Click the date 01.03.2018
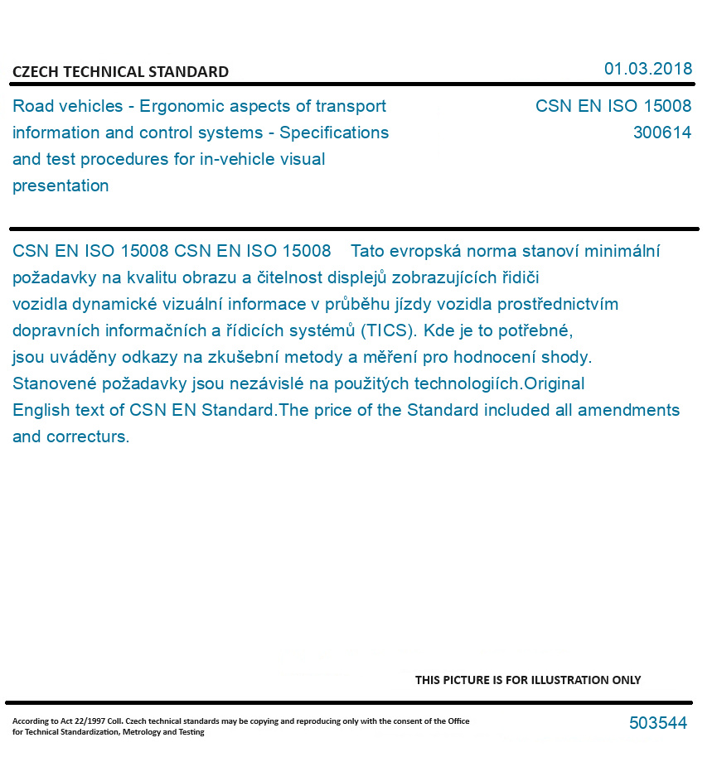(647, 69)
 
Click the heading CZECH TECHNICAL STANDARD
(120, 72)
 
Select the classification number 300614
(661, 133)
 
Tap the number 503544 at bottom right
(657, 723)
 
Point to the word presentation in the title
(61, 186)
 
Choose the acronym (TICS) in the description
(389, 330)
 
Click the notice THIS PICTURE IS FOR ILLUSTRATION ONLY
(528, 680)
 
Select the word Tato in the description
(369, 251)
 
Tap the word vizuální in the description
(166, 304)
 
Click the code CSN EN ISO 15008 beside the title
(613, 106)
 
